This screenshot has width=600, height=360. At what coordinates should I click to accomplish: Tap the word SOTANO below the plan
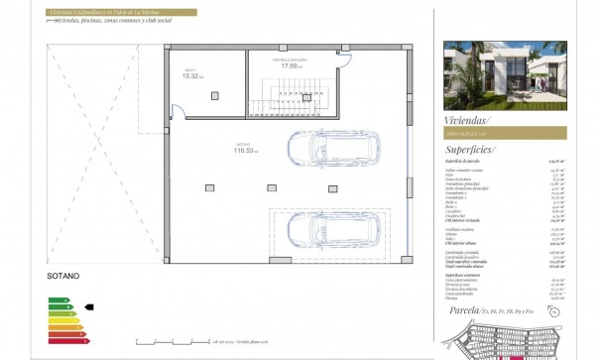pos(62,275)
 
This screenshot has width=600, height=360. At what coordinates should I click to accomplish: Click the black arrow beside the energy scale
pos(89,307)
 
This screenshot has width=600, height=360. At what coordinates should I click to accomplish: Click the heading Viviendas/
pos(471,118)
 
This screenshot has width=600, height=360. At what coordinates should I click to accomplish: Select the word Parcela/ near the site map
pos(464,311)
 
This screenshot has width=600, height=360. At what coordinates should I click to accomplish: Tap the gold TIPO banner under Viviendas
pos(505,133)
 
